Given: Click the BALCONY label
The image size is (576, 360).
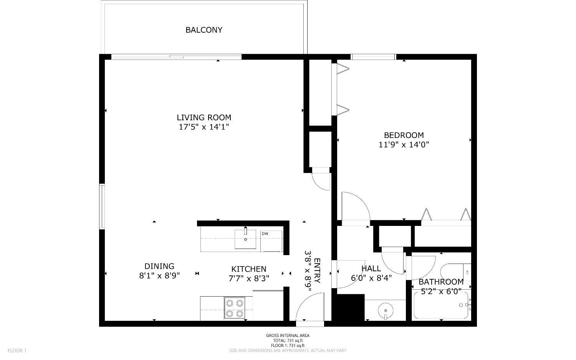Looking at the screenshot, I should coord(204,30).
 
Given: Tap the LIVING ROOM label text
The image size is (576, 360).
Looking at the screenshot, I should coord(204,118).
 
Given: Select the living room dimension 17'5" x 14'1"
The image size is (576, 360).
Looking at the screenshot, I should coord(204,127).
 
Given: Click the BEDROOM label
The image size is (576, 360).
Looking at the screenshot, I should coord(404,135).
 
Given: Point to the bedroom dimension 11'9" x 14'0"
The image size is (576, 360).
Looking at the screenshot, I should coord(404,145).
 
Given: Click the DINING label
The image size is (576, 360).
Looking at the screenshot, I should coord(159,266).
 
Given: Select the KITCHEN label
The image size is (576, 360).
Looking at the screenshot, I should coord(248,269).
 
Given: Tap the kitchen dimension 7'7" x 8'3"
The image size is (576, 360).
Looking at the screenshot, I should coord(248,279).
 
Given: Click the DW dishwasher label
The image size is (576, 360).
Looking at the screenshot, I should coord(265,234).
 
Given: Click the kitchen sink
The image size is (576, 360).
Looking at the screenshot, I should coord(245,239).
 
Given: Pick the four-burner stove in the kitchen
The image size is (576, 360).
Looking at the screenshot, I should coord(235,308).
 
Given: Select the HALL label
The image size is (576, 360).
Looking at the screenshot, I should coord(371,269).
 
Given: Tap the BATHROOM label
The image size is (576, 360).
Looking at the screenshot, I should coord(441,282).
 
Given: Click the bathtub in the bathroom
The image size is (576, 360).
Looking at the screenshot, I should coord(440,305).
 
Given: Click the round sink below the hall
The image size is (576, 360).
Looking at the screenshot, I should coord(385,310).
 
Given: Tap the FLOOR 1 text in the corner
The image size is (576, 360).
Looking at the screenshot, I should coord(17,350).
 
